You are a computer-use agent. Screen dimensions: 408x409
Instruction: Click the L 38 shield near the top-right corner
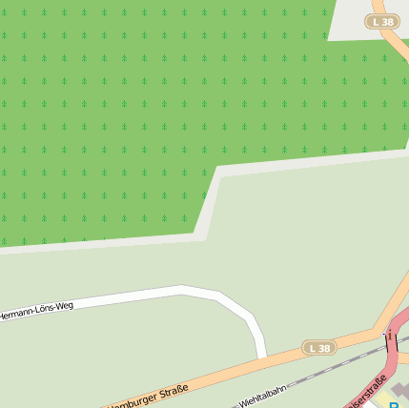tap(381, 21)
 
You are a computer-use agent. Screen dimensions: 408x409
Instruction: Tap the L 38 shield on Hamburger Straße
tap(319, 348)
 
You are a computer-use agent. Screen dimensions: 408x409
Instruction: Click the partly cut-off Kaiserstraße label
tap(367, 393)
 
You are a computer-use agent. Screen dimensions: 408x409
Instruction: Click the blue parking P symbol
tap(395, 404)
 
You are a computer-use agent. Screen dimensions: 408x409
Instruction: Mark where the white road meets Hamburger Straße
tap(261, 359)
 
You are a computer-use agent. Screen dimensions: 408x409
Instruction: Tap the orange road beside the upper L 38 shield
tap(395, 43)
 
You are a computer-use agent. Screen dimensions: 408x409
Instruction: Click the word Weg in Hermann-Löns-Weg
tap(64, 307)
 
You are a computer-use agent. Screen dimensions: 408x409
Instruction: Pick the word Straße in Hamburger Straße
tap(173, 391)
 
